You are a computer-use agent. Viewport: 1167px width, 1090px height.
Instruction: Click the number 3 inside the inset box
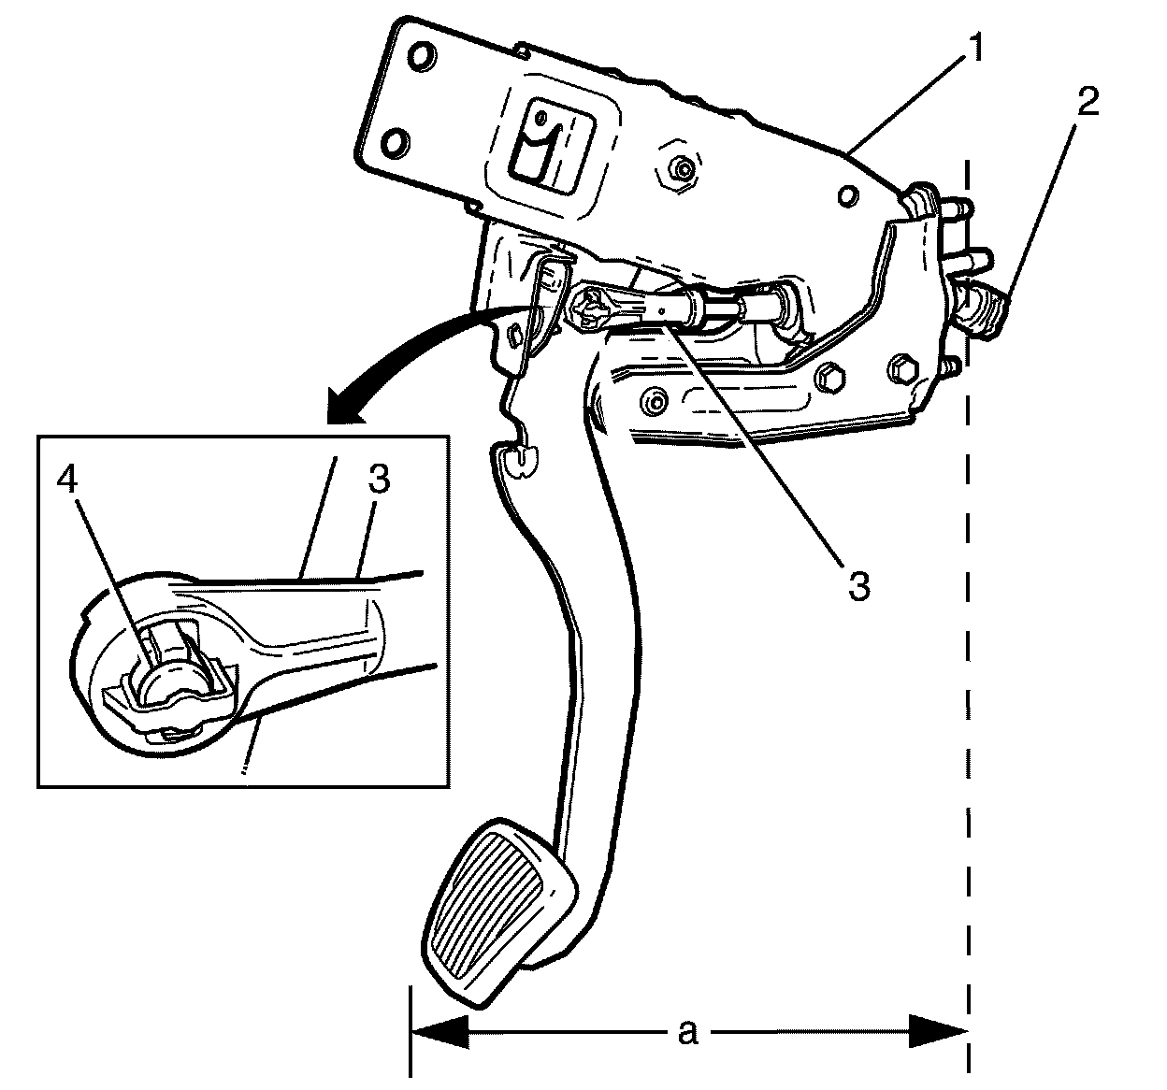(x=379, y=481)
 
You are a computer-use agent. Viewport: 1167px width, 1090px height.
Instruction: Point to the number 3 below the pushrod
(x=859, y=586)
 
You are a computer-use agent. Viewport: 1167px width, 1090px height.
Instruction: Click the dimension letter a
(x=687, y=1031)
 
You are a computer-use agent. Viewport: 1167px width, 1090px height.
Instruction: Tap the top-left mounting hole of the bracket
(x=422, y=56)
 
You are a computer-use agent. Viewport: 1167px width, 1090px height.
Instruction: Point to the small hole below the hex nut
(x=846, y=195)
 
